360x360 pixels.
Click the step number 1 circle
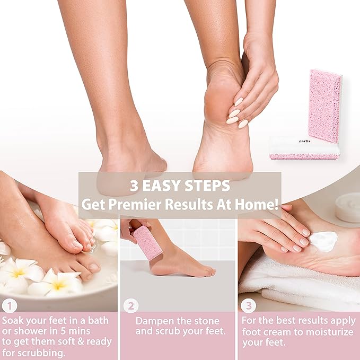[10, 306]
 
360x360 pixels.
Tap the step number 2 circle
[130, 306]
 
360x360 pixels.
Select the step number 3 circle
[248, 306]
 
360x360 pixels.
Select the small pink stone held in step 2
[147, 242]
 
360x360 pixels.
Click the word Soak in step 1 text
[15, 321]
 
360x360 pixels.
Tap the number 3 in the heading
[135, 186]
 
